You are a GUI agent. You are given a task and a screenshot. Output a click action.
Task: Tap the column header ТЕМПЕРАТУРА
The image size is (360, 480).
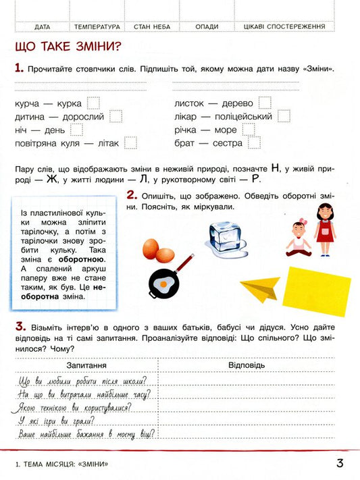[x=97, y=27]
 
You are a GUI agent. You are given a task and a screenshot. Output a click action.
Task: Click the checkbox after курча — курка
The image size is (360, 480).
[x=94, y=103]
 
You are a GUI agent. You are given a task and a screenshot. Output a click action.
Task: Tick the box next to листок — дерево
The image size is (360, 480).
[x=265, y=103]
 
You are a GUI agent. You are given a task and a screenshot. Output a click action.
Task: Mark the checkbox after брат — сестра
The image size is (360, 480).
[x=254, y=142]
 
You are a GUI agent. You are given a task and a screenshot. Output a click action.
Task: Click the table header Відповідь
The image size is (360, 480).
[x=247, y=365]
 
